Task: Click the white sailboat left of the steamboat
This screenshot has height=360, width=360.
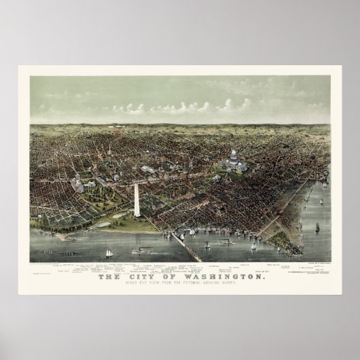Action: point(108,253)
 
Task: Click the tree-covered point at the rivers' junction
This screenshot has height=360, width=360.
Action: point(278,237)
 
